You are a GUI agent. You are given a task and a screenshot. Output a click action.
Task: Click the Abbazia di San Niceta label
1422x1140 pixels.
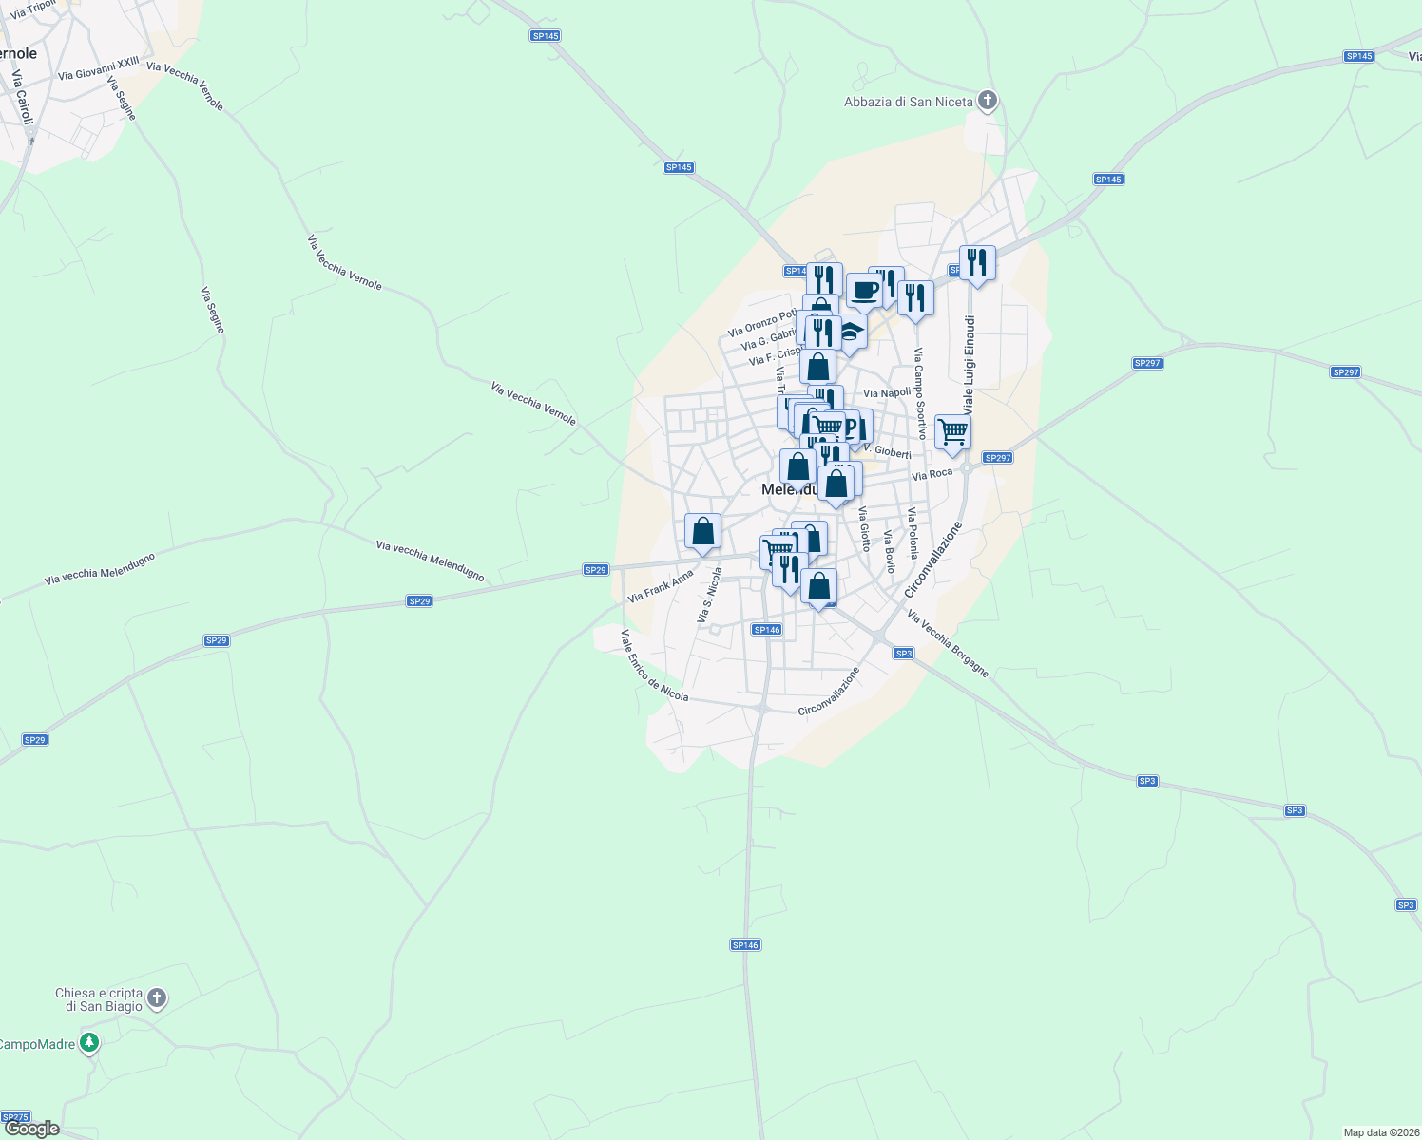point(908,102)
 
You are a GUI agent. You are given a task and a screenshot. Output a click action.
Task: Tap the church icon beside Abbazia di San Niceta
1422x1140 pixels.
point(988,100)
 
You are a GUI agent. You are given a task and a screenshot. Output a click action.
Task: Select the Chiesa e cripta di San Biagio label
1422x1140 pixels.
point(98,999)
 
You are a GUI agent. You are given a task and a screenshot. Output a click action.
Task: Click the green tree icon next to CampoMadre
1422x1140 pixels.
point(89,1043)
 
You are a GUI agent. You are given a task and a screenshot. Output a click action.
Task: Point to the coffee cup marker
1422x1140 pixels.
point(864,290)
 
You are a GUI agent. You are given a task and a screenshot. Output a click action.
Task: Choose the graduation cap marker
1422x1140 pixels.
point(850,333)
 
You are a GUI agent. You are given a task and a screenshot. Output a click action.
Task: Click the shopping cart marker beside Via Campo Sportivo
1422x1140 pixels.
point(952,432)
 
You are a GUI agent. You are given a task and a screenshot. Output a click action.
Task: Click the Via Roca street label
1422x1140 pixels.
point(932,474)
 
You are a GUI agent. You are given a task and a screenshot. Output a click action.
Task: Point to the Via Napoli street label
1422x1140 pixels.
point(887,393)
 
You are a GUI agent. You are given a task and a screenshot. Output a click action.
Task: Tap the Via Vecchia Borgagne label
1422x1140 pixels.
point(948,644)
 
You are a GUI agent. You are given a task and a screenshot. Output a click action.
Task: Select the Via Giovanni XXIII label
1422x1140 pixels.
point(98,68)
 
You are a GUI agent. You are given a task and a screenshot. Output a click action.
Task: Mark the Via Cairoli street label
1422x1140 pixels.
point(22,96)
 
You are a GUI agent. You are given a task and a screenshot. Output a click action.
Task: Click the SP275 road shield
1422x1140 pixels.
point(16,1117)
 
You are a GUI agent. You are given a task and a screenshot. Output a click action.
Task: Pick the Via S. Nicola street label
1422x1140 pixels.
point(709,596)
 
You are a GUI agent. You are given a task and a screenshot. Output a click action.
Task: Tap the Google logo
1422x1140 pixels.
point(32,1129)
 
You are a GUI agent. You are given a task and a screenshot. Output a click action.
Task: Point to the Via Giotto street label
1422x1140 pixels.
point(864,528)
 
